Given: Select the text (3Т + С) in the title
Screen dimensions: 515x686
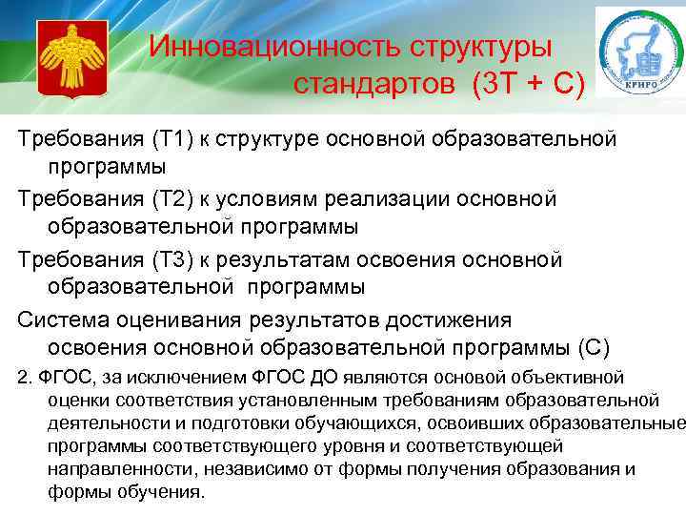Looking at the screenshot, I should [x=527, y=85].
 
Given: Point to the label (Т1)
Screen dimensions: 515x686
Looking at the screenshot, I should [x=171, y=139].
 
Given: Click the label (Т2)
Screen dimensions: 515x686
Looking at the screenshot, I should [x=171, y=199].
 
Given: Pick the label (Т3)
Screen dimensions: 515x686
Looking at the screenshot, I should [x=171, y=259].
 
